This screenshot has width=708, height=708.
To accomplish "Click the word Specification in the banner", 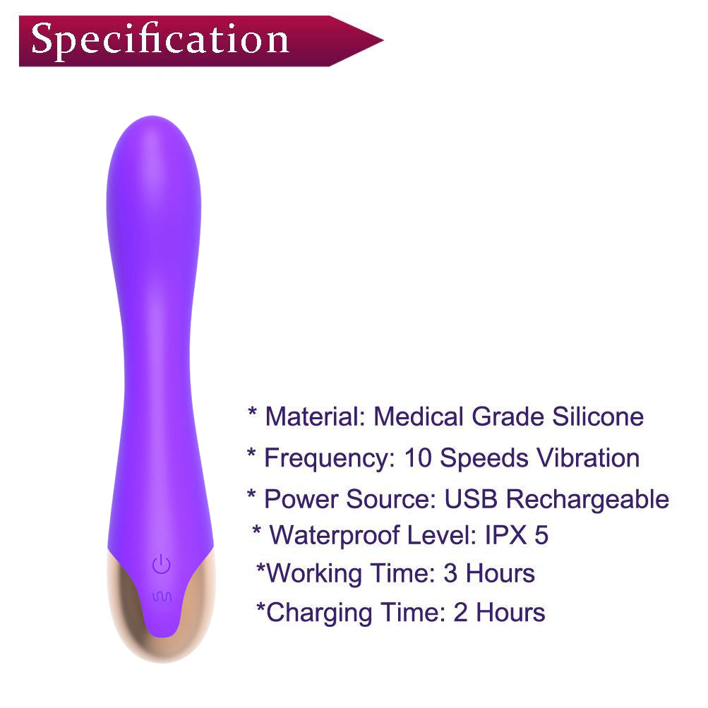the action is click(x=160, y=40).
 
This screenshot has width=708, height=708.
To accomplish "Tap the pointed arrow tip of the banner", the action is click(x=382, y=41).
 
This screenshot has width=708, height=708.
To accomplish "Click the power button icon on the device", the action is click(x=161, y=565).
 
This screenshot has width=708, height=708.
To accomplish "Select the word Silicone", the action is click(x=598, y=416).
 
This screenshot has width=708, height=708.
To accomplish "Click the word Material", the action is click(x=315, y=416).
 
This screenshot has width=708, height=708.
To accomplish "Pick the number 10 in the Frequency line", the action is click(x=418, y=458).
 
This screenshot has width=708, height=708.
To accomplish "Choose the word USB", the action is click(x=471, y=499).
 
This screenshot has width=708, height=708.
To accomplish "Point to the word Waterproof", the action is click(x=335, y=536).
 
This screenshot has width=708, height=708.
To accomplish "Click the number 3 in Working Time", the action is click(x=450, y=573).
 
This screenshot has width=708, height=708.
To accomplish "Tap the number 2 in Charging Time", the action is click(x=460, y=613).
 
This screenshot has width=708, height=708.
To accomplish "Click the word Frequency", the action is click(x=330, y=459).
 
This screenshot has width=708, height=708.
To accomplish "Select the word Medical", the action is click(x=419, y=416).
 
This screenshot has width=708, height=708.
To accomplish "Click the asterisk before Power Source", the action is click(x=251, y=494).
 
